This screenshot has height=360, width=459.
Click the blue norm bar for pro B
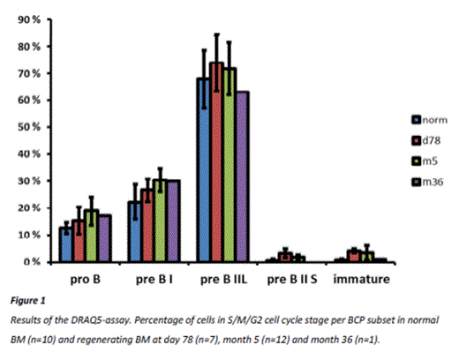(x=64, y=244)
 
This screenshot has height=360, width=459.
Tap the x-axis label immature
(x=362, y=279)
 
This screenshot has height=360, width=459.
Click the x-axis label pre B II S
(x=292, y=279)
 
